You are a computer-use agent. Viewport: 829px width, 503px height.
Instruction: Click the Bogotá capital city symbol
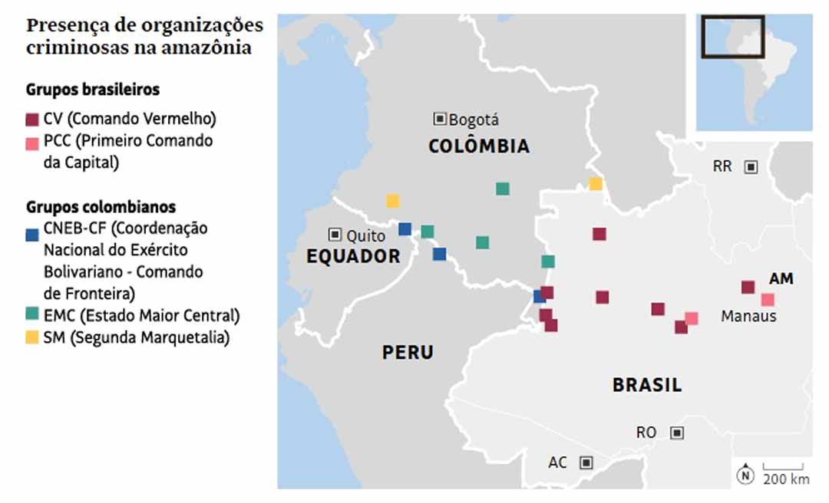click(440, 119)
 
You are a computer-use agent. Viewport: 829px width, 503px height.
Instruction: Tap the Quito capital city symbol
click(335, 235)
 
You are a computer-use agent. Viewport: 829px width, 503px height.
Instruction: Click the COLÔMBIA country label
click(479, 146)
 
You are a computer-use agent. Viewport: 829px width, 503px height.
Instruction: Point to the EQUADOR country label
click(353, 257)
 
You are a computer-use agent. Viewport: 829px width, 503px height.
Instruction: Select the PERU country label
click(408, 353)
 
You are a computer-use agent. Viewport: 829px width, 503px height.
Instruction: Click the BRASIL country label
click(647, 385)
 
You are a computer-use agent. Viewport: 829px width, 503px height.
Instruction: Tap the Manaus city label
click(748, 316)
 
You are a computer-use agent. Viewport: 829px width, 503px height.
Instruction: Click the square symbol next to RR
click(751, 166)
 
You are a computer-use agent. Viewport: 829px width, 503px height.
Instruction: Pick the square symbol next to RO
click(676, 432)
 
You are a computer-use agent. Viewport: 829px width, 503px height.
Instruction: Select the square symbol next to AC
click(586, 462)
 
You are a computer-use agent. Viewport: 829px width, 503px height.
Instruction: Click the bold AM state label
click(781, 279)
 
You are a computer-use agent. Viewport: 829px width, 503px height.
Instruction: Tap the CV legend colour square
click(32, 119)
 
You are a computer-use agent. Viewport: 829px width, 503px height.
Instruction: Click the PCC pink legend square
click(32, 142)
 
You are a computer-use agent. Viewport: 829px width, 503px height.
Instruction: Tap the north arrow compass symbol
click(745, 475)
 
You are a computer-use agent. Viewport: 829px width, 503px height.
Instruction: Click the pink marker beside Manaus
click(767, 300)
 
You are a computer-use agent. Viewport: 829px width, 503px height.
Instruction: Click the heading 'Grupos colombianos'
click(101, 207)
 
